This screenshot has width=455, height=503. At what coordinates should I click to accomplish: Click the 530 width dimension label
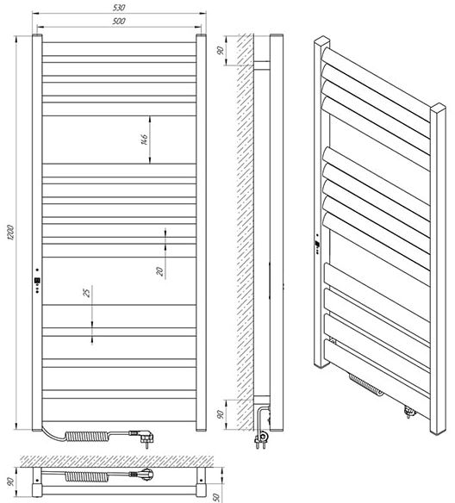[119, 8]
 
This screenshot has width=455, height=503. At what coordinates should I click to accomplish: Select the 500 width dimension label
[119, 22]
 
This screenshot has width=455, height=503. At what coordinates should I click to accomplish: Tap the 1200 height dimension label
[10, 233]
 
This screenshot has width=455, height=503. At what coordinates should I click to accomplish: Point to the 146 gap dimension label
[145, 140]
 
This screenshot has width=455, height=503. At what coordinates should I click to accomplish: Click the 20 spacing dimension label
[159, 271]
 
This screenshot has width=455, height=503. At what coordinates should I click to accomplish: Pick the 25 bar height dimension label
[87, 293]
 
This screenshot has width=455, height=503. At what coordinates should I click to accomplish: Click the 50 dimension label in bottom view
[216, 498]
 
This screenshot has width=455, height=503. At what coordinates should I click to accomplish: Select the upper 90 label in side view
[220, 50]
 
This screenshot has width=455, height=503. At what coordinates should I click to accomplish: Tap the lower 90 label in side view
[221, 414]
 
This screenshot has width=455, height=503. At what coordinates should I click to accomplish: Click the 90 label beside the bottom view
[10, 481]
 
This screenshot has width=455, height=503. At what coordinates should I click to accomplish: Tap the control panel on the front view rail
[38, 282]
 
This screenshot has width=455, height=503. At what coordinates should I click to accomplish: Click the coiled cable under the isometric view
[365, 385]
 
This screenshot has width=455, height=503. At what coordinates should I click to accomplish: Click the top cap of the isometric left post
[321, 40]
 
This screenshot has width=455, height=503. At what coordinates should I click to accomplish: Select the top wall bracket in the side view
[262, 65]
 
